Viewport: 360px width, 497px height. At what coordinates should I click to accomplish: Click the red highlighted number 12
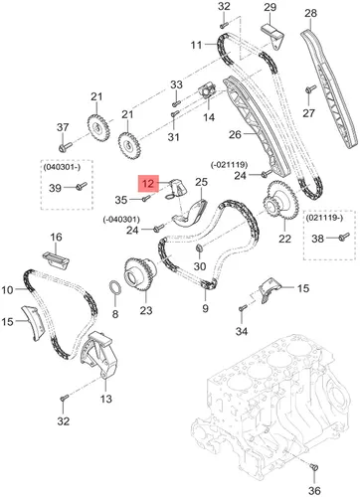tap(148, 183)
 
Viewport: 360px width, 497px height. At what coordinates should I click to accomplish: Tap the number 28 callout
tap(310, 13)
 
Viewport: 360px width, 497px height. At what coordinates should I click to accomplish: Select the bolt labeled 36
tap(314, 468)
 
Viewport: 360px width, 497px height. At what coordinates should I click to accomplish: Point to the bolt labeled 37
tap(65, 146)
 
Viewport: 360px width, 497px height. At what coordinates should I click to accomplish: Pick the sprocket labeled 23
tap(140, 275)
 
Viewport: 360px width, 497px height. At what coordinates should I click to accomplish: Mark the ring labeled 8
tap(114, 287)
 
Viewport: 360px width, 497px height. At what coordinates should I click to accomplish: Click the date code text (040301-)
tap(62, 167)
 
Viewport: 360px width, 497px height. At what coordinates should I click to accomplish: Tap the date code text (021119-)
tap(324, 218)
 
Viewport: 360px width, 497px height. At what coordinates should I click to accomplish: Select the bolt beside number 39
tap(81, 186)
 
